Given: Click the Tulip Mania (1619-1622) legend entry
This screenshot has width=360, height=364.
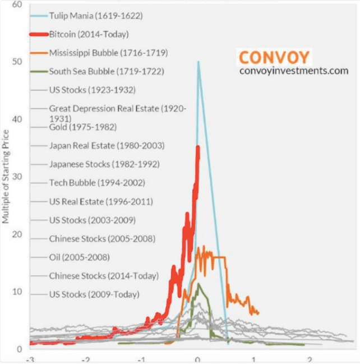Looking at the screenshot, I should coord(96,16).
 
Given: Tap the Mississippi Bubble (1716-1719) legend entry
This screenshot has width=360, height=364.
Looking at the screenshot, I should coord(108,53).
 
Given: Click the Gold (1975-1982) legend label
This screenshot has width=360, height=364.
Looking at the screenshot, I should coord(83,127).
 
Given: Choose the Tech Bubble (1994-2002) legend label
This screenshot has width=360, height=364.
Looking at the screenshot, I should coord(97,183).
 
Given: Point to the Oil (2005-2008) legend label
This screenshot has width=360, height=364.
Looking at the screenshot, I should coord(79,257).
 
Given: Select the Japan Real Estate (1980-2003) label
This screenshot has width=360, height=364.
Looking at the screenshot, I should coord(107,146).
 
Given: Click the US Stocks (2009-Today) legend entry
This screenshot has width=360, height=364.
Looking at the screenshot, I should coord(94,294).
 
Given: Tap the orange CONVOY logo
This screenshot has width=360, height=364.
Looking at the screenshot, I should coord(274,57).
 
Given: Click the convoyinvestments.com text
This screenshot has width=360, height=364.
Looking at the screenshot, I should coord(294,71).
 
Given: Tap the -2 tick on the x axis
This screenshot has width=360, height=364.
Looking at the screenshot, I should coord(86,359).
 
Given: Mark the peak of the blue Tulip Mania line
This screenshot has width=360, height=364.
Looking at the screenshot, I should coord(198,62).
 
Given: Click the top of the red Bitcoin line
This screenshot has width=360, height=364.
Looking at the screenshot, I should coord(198,147).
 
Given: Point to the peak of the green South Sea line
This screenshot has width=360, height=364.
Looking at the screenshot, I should coord(198,284).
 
